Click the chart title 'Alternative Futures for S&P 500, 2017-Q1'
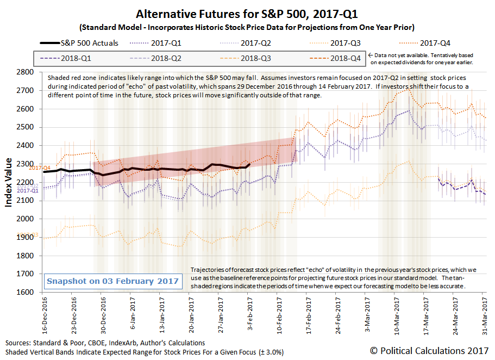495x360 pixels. coord(247,14)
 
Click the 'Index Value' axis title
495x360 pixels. coord(9,182)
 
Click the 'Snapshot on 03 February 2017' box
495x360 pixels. coord(112,281)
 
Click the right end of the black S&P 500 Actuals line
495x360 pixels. coord(249,164)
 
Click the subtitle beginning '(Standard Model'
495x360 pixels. coord(247,27)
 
